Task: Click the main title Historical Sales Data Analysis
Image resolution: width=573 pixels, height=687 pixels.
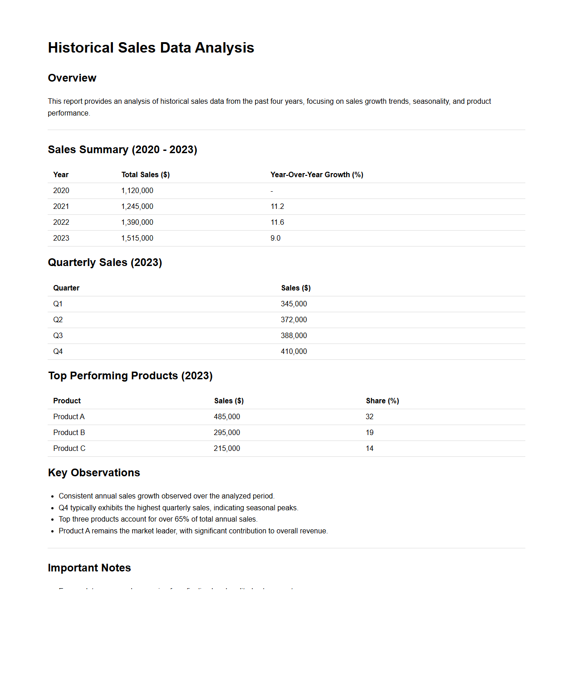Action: tap(151, 48)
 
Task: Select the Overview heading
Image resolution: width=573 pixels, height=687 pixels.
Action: tap(72, 78)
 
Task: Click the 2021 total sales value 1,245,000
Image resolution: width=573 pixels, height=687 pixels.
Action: tap(137, 206)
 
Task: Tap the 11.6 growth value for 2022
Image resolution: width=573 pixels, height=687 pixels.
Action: tap(277, 222)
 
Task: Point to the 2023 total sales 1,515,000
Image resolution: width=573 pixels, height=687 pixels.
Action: tap(137, 238)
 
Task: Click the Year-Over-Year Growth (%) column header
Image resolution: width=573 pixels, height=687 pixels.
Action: tap(317, 174)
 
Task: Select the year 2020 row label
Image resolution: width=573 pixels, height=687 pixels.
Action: tap(61, 190)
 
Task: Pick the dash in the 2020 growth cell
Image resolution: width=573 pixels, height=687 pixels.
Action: tap(272, 191)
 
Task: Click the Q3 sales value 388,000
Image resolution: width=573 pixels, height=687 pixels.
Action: tap(294, 335)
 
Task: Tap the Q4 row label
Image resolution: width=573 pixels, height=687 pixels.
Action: tap(58, 351)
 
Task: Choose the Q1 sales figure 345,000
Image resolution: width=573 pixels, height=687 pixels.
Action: tap(294, 304)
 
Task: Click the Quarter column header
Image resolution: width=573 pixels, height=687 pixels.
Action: tap(66, 288)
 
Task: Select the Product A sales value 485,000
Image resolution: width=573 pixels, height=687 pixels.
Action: tap(227, 416)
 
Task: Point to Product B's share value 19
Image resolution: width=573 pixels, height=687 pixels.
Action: tap(370, 432)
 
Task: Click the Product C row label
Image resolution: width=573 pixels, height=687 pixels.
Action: tap(69, 448)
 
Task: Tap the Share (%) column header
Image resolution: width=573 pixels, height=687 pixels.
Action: tap(382, 401)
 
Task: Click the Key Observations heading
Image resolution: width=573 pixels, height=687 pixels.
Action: tap(94, 473)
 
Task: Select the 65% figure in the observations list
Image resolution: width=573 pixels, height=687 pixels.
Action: tap(182, 519)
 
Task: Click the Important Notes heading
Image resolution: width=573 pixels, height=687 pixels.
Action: tap(89, 568)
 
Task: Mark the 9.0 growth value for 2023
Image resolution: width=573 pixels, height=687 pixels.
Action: tap(275, 238)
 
